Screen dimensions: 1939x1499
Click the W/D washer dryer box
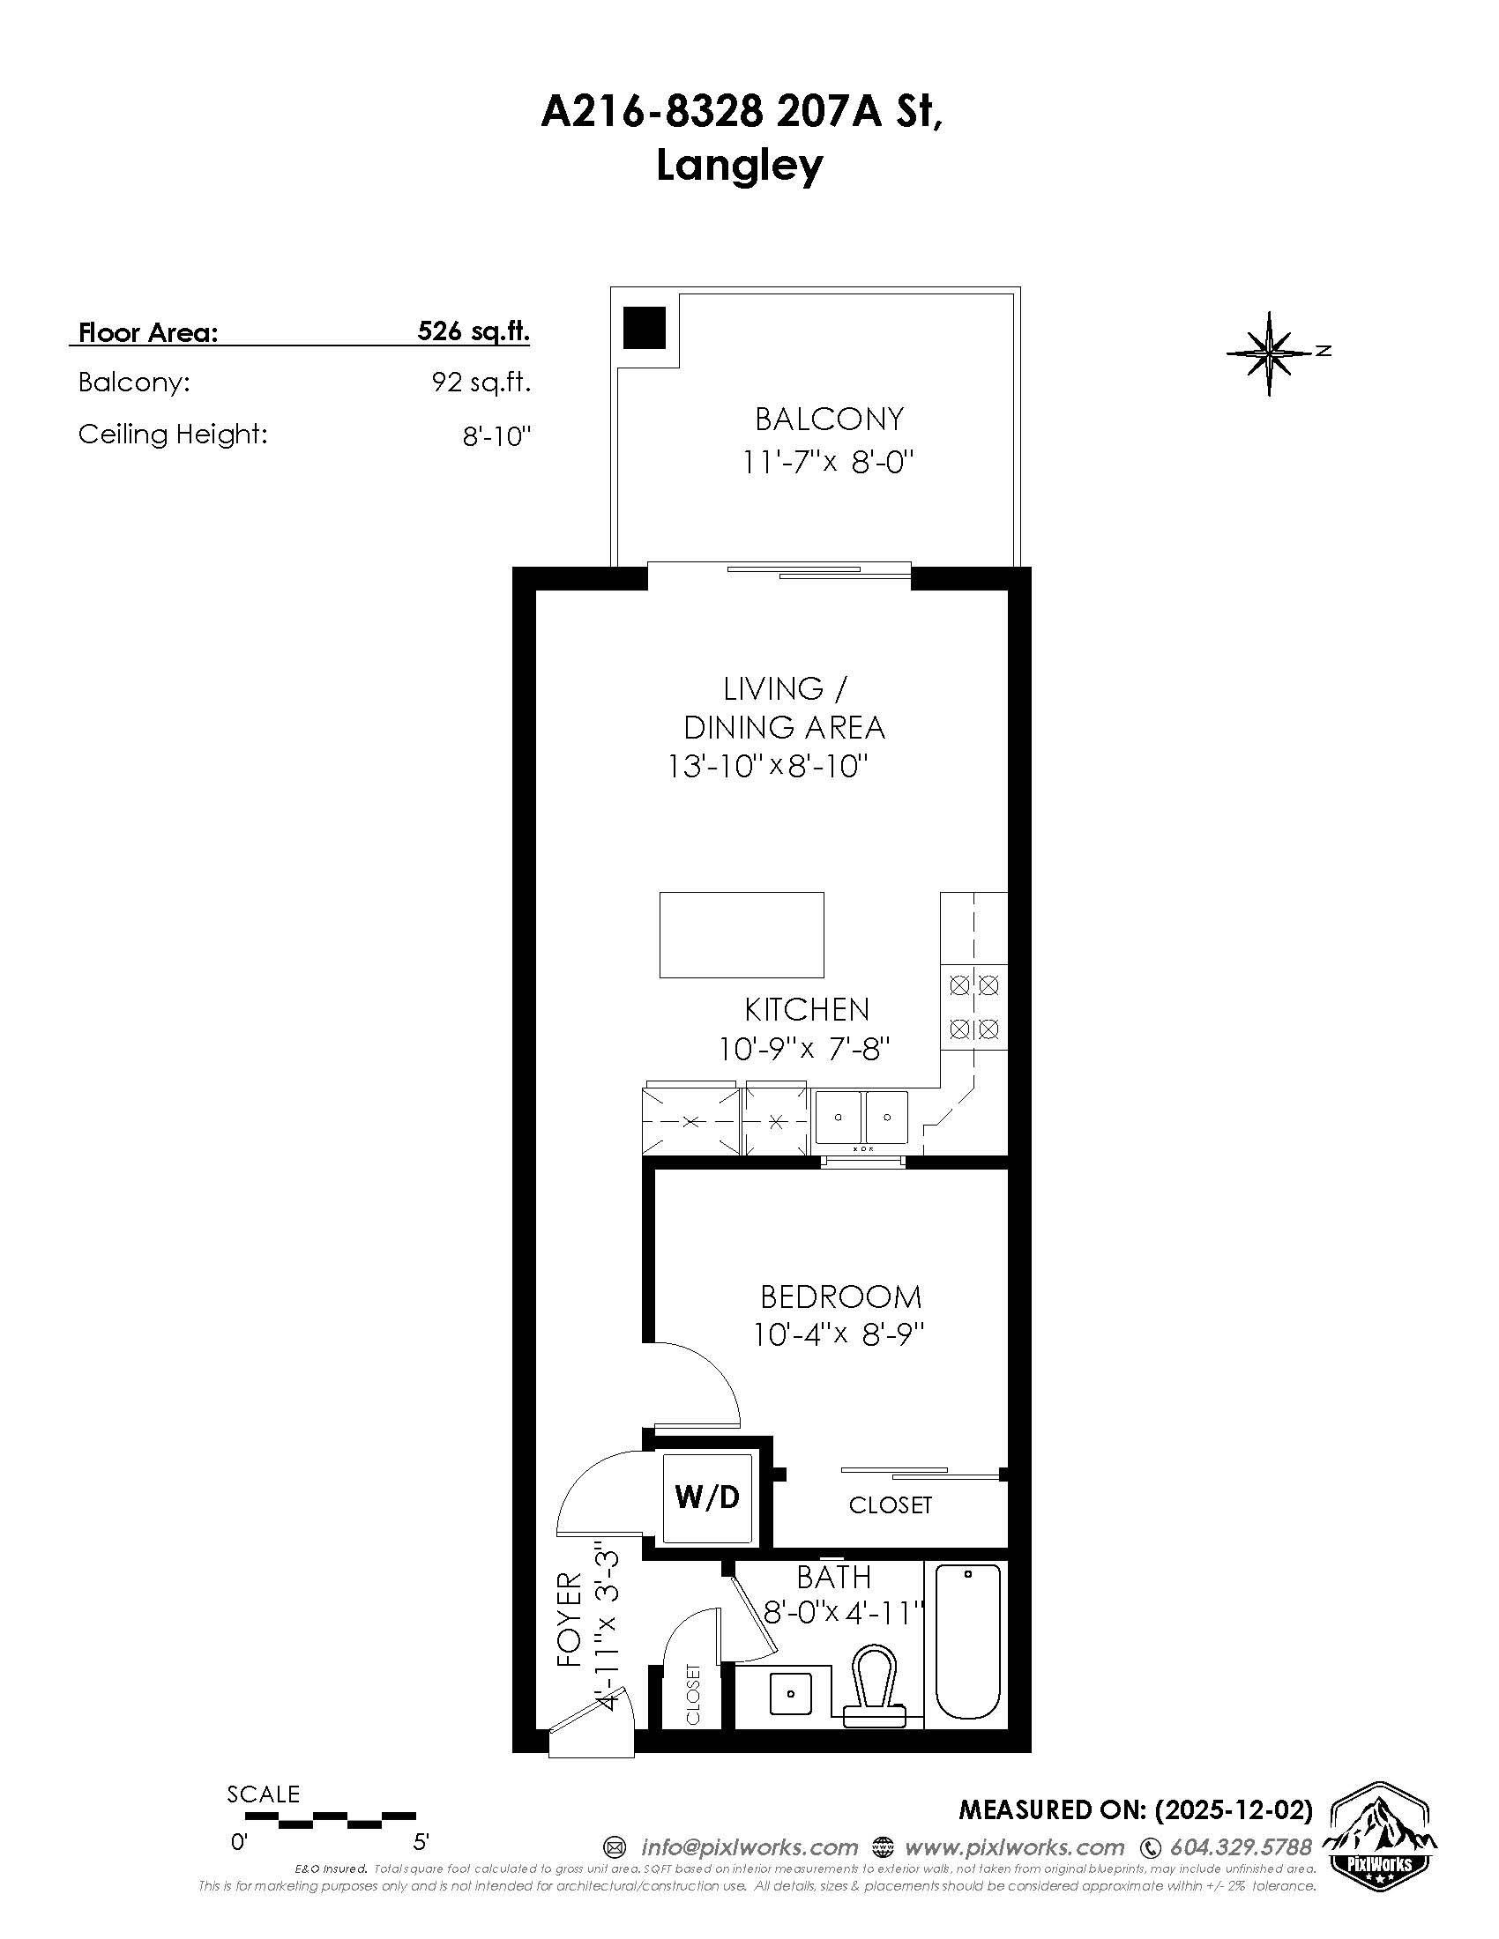click(x=707, y=1497)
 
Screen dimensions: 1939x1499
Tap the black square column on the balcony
click(x=644, y=328)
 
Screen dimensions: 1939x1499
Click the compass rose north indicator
click(x=1271, y=353)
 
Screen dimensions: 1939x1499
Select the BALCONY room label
click(x=829, y=418)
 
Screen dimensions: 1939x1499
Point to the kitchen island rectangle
click(x=742, y=935)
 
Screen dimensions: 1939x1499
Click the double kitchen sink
click(x=861, y=1118)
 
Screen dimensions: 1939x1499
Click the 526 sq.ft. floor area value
click(x=474, y=331)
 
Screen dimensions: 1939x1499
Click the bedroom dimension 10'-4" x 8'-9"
click(x=839, y=1334)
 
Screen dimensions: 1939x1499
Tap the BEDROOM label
click(x=840, y=1296)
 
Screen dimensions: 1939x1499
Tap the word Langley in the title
click(x=739, y=166)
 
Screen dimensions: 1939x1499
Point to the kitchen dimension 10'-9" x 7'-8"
click(x=803, y=1050)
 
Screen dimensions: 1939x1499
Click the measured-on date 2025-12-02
click(x=1232, y=1809)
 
